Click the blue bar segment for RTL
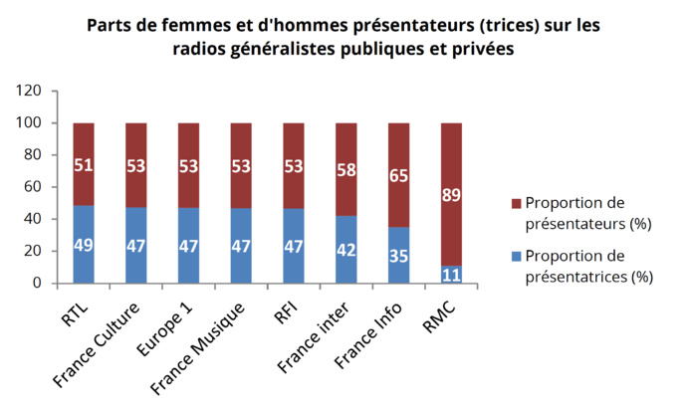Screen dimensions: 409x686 click(84, 245)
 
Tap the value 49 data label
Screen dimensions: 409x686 click(84, 245)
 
